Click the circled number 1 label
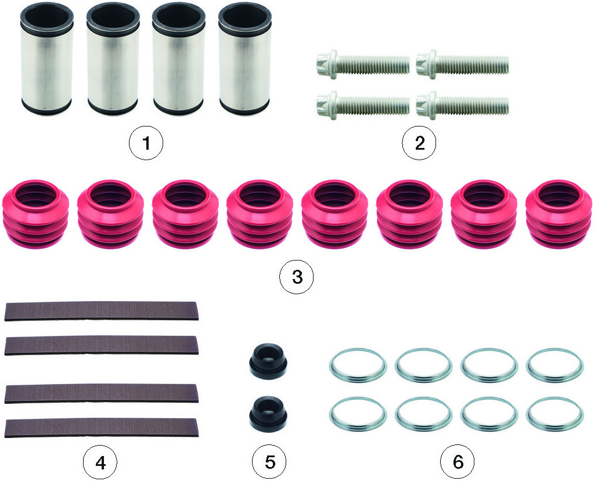click(146, 143)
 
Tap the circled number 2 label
click(419, 143)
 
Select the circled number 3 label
click(297, 277)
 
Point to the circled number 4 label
click(100, 462)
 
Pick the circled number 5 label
click(269, 462)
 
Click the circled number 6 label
click(457, 462)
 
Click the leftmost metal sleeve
click(46, 59)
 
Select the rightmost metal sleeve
click(244, 59)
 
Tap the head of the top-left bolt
click(327, 65)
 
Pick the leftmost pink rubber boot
click(35, 214)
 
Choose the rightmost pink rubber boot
click(559, 214)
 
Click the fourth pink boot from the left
click(260, 214)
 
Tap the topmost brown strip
click(101, 311)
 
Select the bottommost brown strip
click(101, 428)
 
